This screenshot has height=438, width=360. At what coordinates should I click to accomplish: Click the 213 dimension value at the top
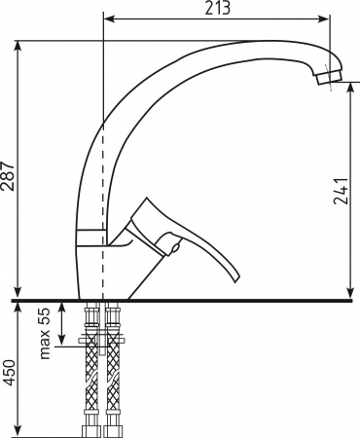tap(217, 9)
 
